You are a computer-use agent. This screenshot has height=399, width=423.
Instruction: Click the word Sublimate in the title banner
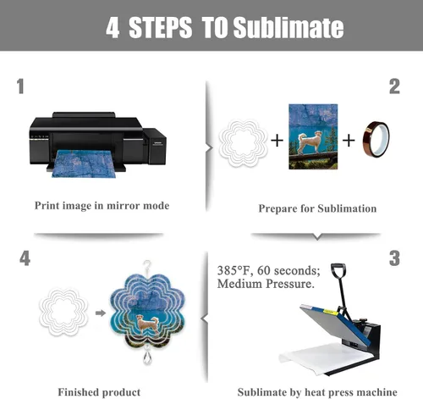click(x=288, y=27)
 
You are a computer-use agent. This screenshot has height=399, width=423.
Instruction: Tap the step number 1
click(x=20, y=86)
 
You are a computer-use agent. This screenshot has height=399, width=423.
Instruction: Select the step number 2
click(x=394, y=86)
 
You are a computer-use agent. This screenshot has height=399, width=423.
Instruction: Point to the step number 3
click(x=394, y=258)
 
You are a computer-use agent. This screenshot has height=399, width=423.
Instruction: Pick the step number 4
click(x=25, y=258)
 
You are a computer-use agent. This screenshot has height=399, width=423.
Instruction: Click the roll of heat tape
click(x=376, y=140)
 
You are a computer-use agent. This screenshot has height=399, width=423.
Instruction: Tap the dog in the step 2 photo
click(x=310, y=142)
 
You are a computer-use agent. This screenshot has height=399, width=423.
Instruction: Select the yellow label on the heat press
click(x=331, y=312)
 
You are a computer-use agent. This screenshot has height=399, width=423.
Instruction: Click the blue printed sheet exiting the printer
click(x=84, y=163)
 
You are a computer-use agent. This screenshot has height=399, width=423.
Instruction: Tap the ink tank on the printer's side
click(x=155, y=146)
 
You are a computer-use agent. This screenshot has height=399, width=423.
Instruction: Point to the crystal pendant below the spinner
click(x=147, y=357)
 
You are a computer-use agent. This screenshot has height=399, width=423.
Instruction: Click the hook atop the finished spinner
click(x=147, y=266)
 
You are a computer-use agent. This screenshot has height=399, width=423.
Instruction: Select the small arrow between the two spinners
click(x=101, y=313)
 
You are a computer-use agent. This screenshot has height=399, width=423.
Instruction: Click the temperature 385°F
click(x=235, y=270)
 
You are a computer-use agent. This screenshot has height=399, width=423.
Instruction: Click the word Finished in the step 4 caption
click(x=78, y=392)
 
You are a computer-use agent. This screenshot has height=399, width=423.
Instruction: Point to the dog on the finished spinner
click(x=147, y=324)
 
